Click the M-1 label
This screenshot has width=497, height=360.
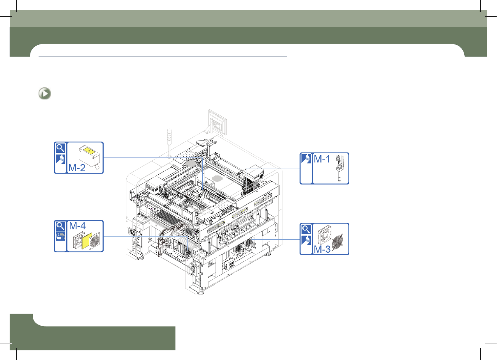(322, 159)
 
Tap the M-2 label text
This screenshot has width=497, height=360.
(77, 168)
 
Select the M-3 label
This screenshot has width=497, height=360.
(322, 249)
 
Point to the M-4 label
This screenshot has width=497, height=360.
(77, 226)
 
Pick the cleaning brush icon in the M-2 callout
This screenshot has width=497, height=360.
(60, 159)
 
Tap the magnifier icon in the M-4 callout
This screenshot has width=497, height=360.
(60, 226)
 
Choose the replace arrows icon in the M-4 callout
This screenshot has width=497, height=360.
(60, 236)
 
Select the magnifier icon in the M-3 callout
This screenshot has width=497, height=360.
(306, 229)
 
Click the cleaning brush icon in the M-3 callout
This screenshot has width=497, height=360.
(306, 240)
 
